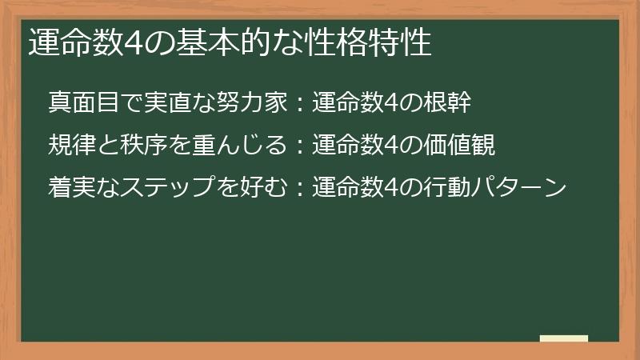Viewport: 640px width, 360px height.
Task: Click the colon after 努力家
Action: [x=300, y=102]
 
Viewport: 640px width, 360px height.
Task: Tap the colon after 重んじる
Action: [x=300, y=145]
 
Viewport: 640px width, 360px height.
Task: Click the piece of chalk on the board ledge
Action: [x=563, y=338]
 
